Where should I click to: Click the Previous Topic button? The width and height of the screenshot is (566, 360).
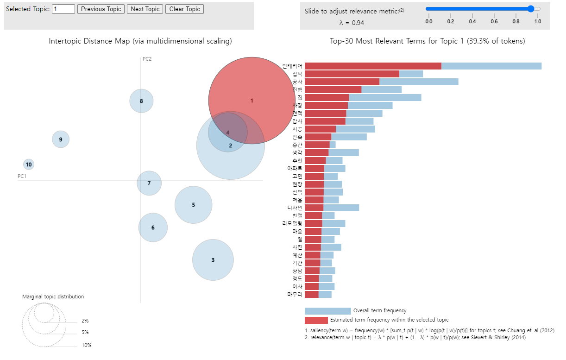pyautogui.click(x=101, y=9)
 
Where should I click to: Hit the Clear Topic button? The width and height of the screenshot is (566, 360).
pyautogui.click(x=184, y=9)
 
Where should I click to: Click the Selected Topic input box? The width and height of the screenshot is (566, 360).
pyautogui.click(x=63, y=9)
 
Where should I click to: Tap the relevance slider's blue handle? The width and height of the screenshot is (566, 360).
pyautogui.click(x=531, y=8)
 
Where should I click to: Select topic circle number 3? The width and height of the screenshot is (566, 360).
pyautogui.click(x=213, y=260)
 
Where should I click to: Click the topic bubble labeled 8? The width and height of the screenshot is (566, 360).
pyautogui.click(x=141, y=101)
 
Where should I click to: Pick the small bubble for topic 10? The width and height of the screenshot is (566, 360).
pyautogui.click(x=29, y=164)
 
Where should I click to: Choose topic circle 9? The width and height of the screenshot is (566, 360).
pyautogui.click(x=61, y=139)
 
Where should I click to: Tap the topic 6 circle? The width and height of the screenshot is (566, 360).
pyautogui.click(x=153, y=227)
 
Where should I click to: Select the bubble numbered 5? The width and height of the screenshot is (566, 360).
pyautogui.click(x=194, y=205)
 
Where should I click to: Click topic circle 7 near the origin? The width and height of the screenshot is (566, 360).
pyautogui.click(x=149, y=183)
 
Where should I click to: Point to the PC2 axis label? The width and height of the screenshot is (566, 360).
pyautogui.click(x=147, y=59)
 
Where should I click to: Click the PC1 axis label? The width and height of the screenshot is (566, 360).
pyautogui.click(x=22, y=176)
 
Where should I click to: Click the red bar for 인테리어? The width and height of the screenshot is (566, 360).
pyautogui.click(x=373, y=66)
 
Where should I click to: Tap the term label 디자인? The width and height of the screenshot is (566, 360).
pyautogui.click(x=295, y=208)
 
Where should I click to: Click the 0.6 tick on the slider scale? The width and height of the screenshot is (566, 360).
pyautogui.click(x=494, y=21)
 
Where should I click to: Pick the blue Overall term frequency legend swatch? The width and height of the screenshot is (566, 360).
pyautogui.click(x=327, y=311)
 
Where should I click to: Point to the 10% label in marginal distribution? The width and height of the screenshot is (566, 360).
pyautogui.click(x=86, y=345)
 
